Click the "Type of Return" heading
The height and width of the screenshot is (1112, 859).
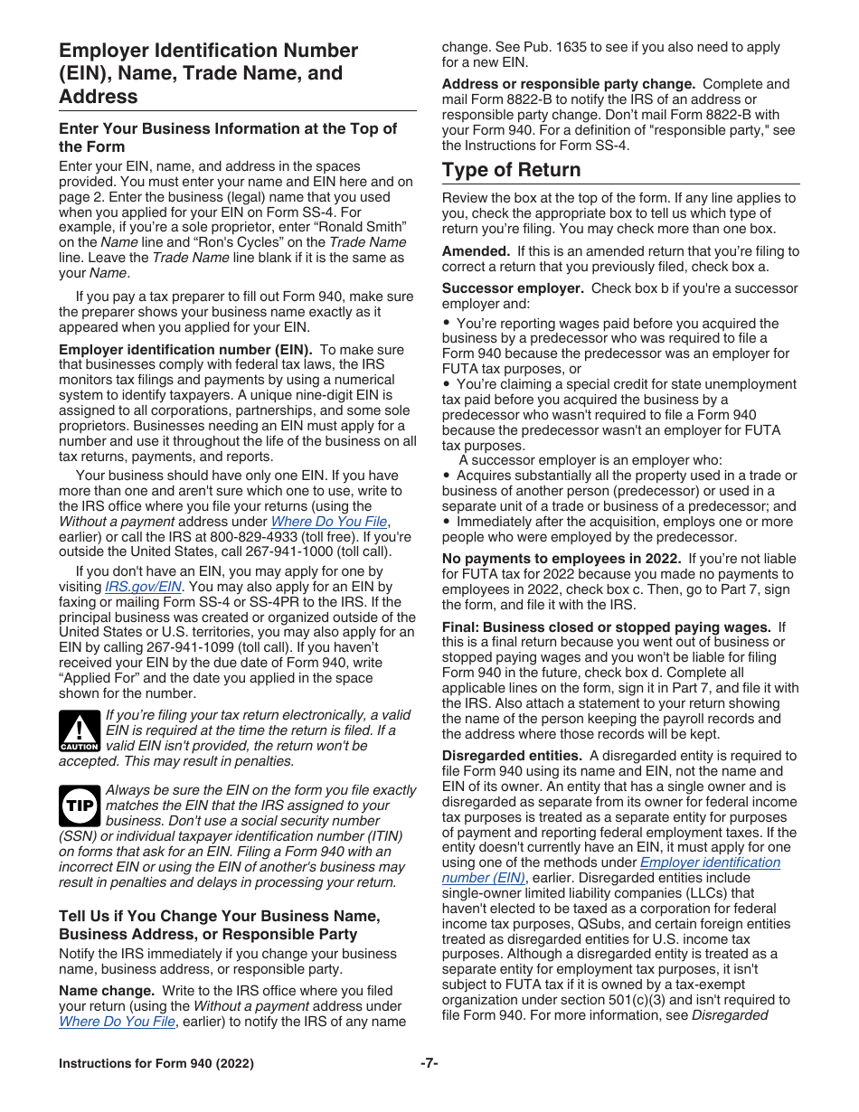point(511,170)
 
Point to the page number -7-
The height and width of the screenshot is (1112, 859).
point(429,1063)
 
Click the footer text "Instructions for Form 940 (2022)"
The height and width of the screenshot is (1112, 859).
point(156,1063)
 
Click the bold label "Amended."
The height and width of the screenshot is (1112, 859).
point(477,251)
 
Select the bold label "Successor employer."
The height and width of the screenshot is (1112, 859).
point(513,288)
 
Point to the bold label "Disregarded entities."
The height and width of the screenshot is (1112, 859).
point(512,756)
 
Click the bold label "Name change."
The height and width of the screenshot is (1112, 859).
point(107,991)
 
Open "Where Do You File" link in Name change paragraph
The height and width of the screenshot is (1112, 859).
point(117,1022)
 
